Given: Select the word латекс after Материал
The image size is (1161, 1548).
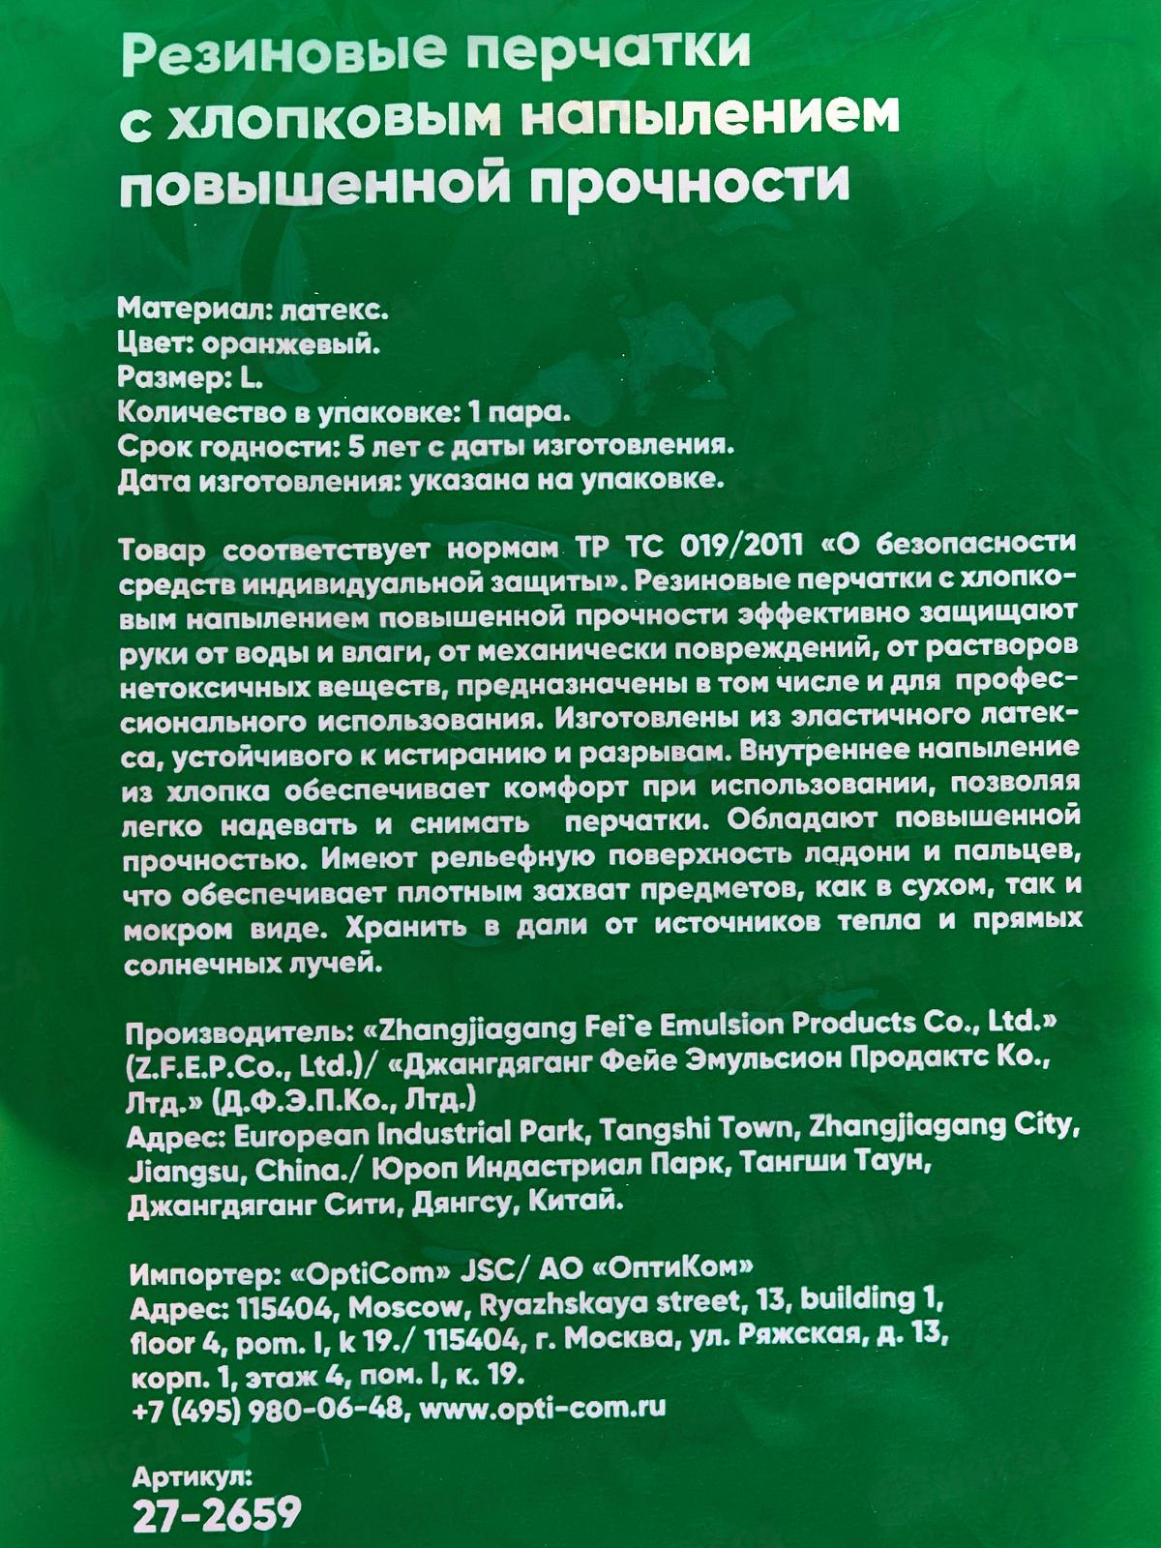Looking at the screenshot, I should point(334,311).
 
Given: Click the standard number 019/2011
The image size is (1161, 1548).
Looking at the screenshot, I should point(741,547).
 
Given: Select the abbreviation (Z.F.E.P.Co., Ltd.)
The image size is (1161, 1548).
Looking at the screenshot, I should point(252,1067).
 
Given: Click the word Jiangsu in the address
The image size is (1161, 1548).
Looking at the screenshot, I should point(185,1172).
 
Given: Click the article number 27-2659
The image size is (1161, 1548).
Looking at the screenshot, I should point(217,1515).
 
